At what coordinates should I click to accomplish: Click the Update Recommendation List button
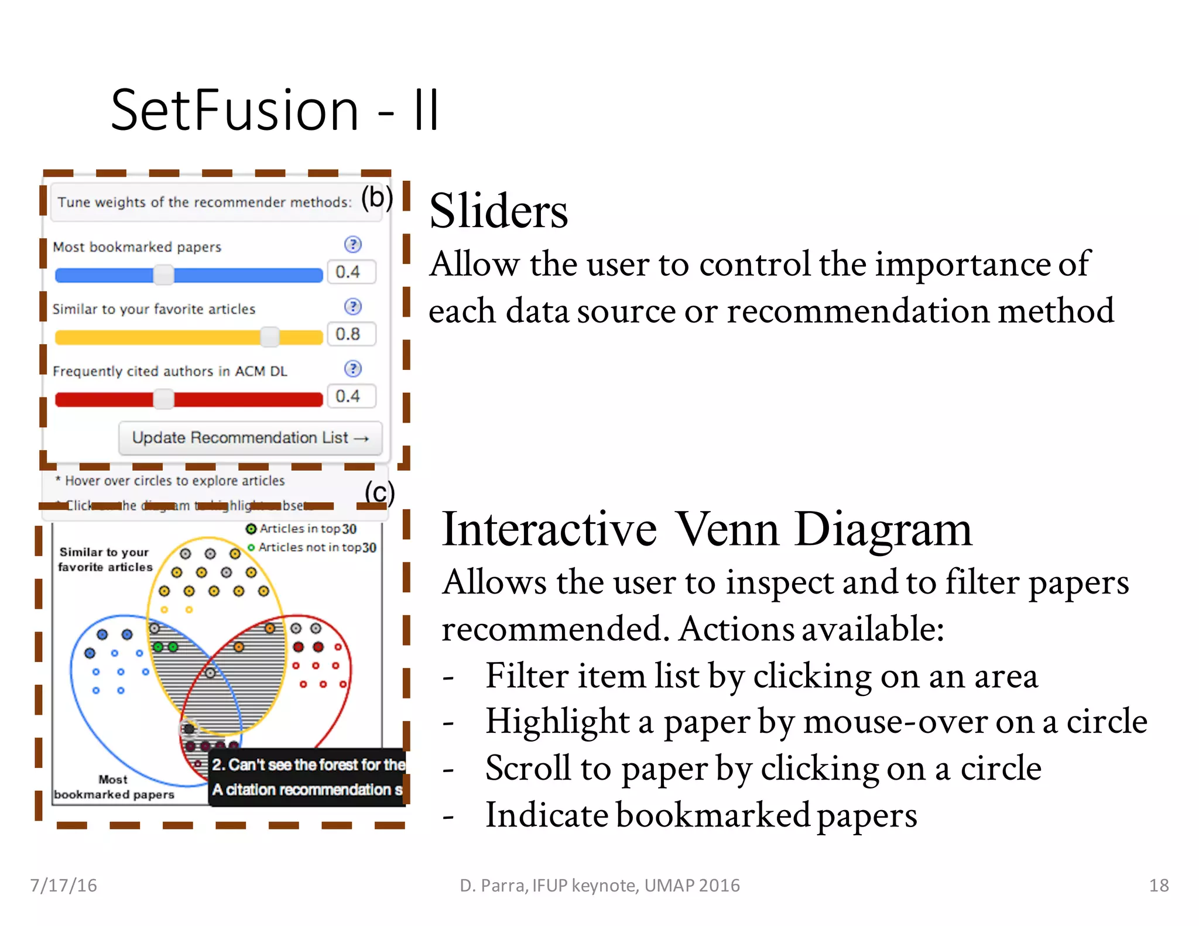pos(250,438)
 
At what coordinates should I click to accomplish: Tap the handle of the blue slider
pos(163,275)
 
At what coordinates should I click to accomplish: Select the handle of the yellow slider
pos(269,337)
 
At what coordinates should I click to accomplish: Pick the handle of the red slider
pos(163,399)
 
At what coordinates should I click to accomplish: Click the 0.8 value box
pos(350,334)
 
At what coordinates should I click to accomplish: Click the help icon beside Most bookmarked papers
pos(352,245)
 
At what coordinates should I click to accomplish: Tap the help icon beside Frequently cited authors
pos(352,369)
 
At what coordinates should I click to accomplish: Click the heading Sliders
pos(498,211)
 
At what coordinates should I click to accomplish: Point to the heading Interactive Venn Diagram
pos(706,529)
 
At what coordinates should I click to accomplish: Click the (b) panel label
pos(376,198)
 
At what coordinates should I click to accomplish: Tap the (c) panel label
pos(379,492)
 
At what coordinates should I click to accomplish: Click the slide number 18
pos(1159,885)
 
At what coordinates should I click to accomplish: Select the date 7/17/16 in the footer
pos(63,885)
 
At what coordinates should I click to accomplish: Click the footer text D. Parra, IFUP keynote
pos(599,886)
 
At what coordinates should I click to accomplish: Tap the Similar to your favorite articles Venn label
pos(105,560)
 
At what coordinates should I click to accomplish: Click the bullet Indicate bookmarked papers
pos(701,815)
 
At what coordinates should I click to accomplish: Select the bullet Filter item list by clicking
pos(761,675)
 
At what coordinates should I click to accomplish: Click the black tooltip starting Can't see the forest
pos(307,777)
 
